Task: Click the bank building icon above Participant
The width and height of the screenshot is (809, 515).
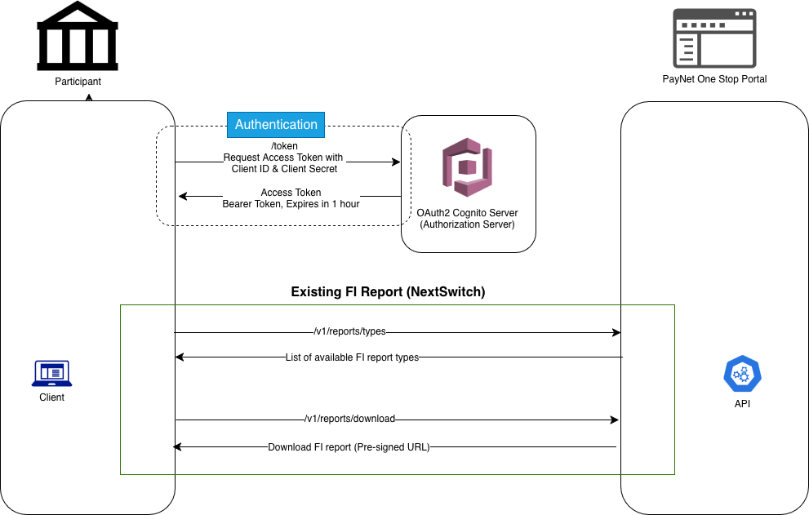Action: coord(78,37)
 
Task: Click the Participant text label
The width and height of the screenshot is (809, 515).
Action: coord(78,82)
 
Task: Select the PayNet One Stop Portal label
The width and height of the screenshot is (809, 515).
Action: coord(714,79)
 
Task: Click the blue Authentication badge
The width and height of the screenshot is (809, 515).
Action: coord(276,124)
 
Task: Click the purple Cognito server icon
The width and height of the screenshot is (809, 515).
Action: coord(467,167)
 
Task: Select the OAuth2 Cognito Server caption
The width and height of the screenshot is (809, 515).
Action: coord(467,218)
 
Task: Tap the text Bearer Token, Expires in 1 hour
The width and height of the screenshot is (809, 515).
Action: coord(291,204)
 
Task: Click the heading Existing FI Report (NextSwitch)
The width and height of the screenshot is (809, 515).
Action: coord(388,291)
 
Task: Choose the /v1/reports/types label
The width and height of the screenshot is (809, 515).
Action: coord(350,332)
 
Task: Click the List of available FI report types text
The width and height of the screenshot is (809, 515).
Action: coord(352,357)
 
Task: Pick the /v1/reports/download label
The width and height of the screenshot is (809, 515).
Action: coord(349,419)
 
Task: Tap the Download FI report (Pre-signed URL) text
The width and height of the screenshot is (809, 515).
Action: coord(349,446)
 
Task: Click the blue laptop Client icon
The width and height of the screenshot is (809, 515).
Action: coord(51,374)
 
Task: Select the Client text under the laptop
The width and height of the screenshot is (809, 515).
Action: coord(51,397)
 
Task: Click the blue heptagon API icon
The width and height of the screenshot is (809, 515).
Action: coord(742,374)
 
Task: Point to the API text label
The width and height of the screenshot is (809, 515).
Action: coord(742,404)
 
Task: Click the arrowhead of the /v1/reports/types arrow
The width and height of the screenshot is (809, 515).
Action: coord(616,332)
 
